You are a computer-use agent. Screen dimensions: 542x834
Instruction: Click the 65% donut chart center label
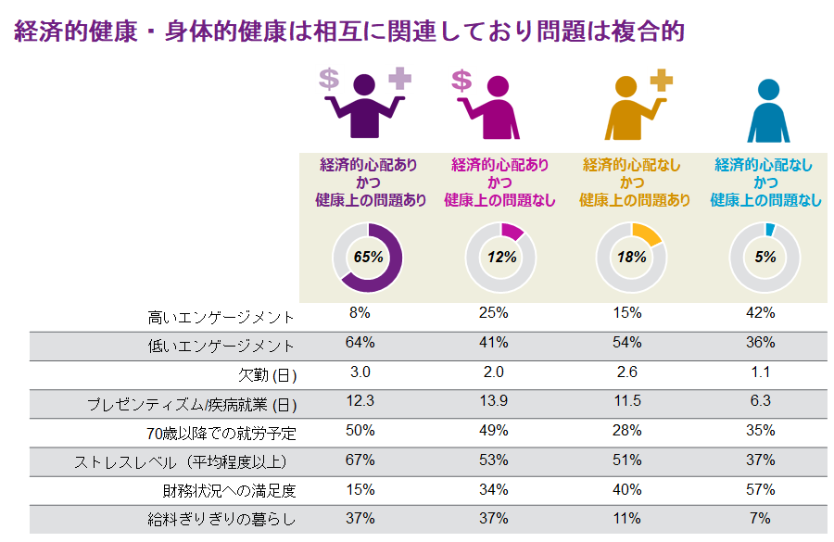(x=368, y=258)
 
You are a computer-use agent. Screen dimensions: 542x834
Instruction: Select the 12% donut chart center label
(x=501, y=258)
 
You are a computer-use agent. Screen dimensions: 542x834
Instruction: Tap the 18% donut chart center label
(x=632, y=258)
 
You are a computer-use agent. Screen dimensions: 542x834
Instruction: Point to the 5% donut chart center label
(x=764, y=258)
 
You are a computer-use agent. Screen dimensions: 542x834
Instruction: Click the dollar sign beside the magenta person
(x=461, y=81)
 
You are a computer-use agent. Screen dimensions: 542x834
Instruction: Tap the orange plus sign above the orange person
(x=661, y=81)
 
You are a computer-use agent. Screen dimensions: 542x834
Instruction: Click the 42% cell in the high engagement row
(x=764, y=313)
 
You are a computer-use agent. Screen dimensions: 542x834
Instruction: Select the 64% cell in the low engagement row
(x=360, y=342)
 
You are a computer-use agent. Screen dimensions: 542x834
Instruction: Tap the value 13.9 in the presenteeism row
(x=493, y=400)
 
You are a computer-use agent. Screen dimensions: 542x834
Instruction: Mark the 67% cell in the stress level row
(x=360, y=460)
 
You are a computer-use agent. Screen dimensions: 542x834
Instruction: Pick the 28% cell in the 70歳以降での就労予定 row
(x=629, y=430)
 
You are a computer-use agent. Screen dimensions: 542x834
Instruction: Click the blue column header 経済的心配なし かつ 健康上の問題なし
(x=765, y=183)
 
